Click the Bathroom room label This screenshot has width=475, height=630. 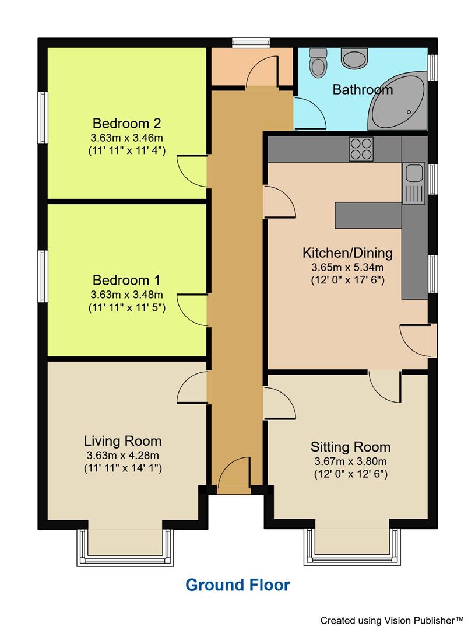363,90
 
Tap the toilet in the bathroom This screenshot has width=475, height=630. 318,63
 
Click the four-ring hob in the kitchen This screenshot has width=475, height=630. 361,149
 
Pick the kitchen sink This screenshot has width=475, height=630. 414,178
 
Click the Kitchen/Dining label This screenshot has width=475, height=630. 347,253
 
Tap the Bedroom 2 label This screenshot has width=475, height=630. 126,124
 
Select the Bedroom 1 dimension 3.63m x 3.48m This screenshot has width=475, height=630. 126,294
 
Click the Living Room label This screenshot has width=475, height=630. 122,440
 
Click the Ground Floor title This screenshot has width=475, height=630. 237,584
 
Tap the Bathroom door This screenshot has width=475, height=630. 309,113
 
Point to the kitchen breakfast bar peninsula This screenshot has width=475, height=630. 367,215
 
